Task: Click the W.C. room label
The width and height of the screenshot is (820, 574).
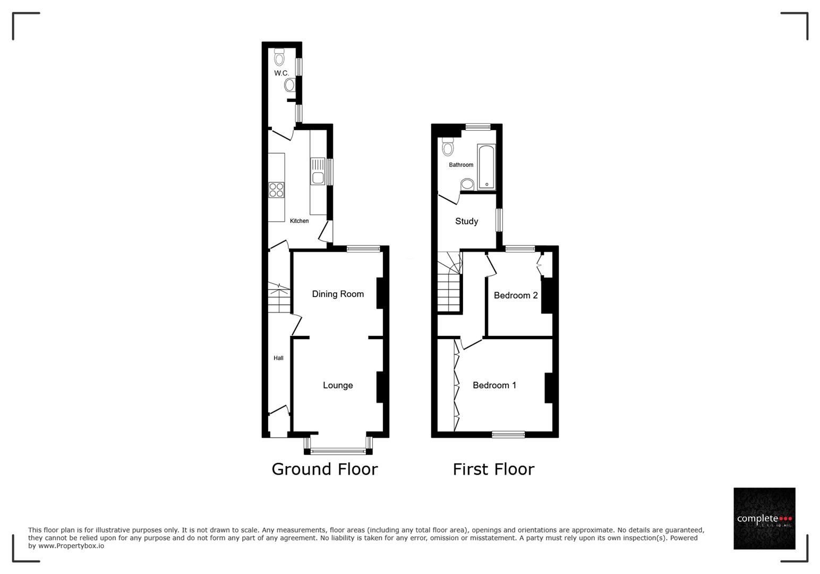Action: click(x=281, y=73)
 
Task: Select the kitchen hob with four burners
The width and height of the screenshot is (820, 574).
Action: click(x=276, y=190)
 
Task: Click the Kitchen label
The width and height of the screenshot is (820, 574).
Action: click(x=299, y=221)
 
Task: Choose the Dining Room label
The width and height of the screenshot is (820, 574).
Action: click(x=338, y=294)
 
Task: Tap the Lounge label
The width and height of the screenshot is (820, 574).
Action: click(x=338, y=385)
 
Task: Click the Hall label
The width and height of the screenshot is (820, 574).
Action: click(x=278, y=358)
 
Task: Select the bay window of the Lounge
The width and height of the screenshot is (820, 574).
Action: click(x=338, y=451)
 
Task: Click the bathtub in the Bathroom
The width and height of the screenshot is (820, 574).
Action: click(x=486, y=167)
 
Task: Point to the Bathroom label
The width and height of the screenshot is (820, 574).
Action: click(x=461, y=165)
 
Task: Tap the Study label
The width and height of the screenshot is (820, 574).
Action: click(x=466, y=221)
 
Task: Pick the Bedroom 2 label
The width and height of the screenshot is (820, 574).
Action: click(x=516, y=296)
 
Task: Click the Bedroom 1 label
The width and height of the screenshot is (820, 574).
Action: click(x=494, y=385)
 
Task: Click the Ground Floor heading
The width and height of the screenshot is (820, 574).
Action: click(x=324, y=469)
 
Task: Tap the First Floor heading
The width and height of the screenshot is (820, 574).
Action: click(x=493, y=469)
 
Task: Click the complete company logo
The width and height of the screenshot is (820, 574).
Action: click(x=764, y=518)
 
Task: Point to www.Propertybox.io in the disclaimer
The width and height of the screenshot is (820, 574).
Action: click(x=71, y=546)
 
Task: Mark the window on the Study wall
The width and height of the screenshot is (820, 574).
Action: click(x=499, y=220)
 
